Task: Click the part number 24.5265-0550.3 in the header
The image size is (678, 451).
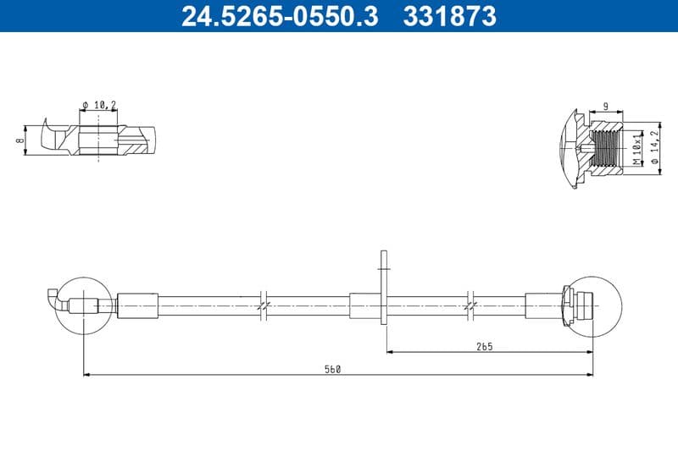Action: point(279,15)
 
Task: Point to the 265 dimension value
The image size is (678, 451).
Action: point(485,346)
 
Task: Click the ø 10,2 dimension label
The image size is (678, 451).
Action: point(99,105)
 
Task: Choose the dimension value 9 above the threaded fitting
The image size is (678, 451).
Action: point(605,107)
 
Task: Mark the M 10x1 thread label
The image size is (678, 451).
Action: point(636,149)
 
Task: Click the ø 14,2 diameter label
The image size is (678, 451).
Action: point(654,149)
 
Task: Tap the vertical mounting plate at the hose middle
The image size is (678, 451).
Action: point(384,285)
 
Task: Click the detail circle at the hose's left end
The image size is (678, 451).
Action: point(82,304)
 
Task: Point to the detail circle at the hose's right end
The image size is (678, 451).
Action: point(594,304)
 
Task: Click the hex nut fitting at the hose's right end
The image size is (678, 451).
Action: point(565,304)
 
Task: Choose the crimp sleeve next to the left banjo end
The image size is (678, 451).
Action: point(136,305)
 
